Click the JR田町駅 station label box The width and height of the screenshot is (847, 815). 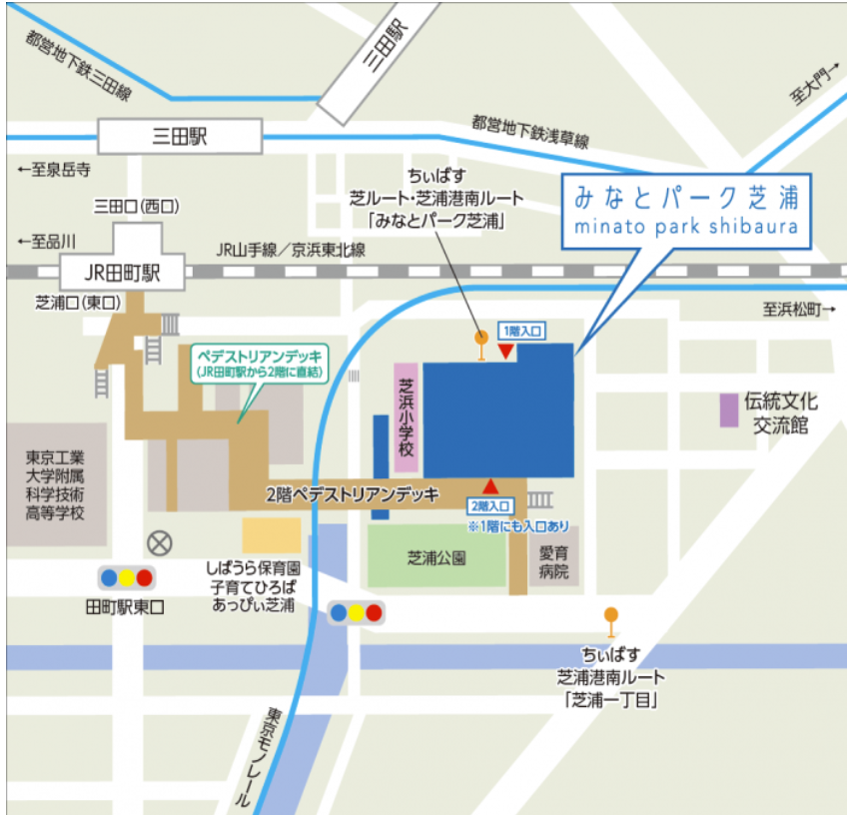122,272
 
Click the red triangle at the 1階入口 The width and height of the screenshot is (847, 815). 507,351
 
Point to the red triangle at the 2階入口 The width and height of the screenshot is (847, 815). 490,486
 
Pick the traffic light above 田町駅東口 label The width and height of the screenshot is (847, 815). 126,577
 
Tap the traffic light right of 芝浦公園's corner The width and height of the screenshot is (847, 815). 356,612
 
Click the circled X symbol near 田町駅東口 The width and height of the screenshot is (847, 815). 159,543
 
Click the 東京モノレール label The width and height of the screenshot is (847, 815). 257,758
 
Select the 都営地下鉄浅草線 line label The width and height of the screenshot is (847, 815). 530,131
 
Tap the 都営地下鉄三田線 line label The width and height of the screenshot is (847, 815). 80,66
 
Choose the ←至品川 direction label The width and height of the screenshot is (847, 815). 47,241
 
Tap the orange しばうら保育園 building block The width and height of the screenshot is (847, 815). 271,535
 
